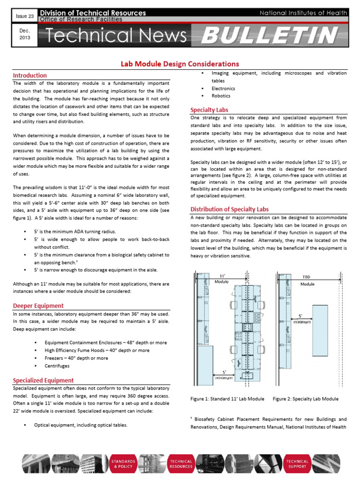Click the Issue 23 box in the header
coord(22,16)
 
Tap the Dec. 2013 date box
coord(24,35)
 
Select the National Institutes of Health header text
coord(303,13)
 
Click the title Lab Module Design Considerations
coord(180,64)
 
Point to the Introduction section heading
coord(30,75)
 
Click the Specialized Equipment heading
coord(43,381)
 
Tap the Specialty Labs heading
coord(209,110)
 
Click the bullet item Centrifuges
coord(57,365)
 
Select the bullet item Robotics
coord(221,96)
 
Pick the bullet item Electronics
coord(223,88)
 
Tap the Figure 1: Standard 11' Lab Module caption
coord(227,399)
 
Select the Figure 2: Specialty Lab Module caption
coord(305,399)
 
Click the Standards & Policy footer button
coord(123,464)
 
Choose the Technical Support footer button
coord(298,464)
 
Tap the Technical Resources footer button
coord(181,464)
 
